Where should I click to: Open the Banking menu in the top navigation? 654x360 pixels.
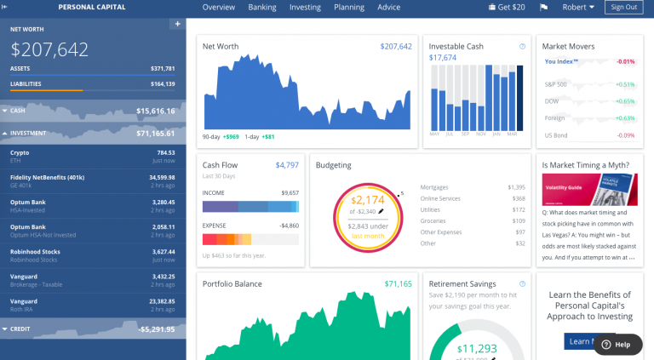click(262, 8)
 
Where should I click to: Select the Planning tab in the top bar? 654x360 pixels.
click(349, 8)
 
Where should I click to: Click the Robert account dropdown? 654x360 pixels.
click(579, 8)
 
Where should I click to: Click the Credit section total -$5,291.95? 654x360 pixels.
click(152, 329)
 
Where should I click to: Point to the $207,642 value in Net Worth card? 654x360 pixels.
click(396, 47)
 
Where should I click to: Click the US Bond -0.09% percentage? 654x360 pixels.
click(626, 135)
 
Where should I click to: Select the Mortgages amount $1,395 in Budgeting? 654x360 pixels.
click(516, 186)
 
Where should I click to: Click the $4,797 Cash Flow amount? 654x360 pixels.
click(287, 165)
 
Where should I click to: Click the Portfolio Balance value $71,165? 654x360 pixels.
click(398, 283)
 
